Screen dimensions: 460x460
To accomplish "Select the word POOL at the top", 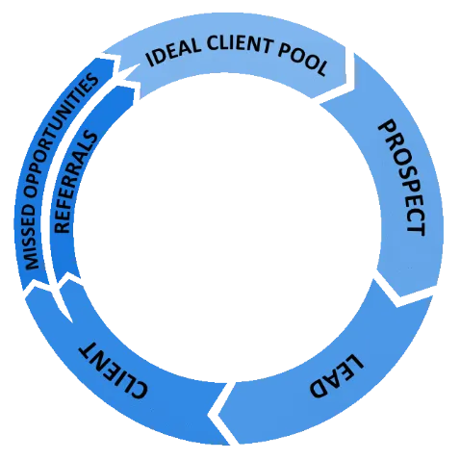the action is click(303, 60).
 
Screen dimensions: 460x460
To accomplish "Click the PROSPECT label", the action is click(402, 178).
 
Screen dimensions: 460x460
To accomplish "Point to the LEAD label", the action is click(337, 375).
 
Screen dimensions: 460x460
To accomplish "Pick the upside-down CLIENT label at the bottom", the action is click(113, 370).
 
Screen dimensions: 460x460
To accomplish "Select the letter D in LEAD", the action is click(319, 389).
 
